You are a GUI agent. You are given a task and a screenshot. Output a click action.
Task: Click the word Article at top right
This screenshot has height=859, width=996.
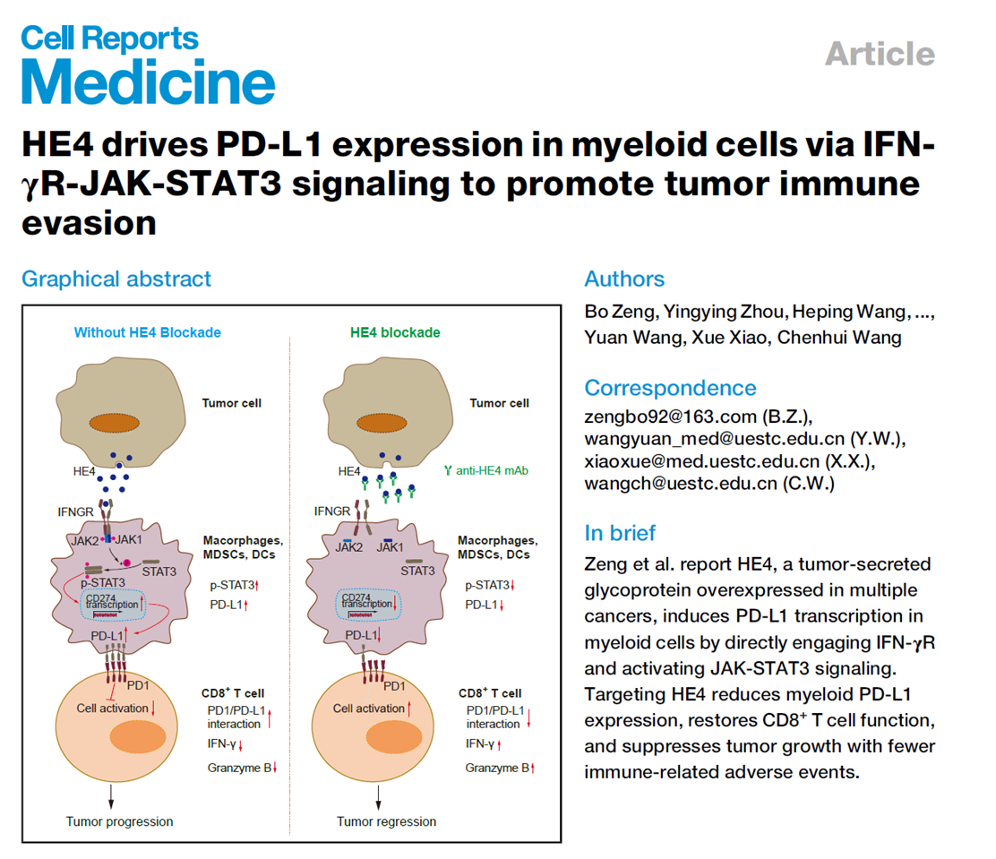(879, 54)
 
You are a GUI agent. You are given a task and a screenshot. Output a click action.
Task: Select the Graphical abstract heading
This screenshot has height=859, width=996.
(116, 279)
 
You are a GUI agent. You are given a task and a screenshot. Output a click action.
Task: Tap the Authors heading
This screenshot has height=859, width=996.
(624, 279)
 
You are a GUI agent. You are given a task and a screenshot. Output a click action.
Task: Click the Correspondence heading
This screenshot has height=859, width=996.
(670, 388)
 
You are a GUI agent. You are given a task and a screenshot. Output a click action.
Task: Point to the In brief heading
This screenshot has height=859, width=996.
(620, 533)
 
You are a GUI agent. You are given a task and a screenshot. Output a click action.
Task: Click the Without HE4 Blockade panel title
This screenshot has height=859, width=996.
(148, 332)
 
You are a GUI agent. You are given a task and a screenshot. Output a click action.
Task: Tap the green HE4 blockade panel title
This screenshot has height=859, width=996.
(394, 332)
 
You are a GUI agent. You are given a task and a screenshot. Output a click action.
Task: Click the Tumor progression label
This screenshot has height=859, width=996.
(119, 821)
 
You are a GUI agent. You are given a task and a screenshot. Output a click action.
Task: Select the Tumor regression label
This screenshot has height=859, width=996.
(387, 821)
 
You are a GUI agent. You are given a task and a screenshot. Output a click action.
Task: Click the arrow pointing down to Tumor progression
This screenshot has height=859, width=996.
(112, 795)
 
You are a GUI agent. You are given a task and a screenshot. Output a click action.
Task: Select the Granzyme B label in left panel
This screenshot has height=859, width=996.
(238, 768)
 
